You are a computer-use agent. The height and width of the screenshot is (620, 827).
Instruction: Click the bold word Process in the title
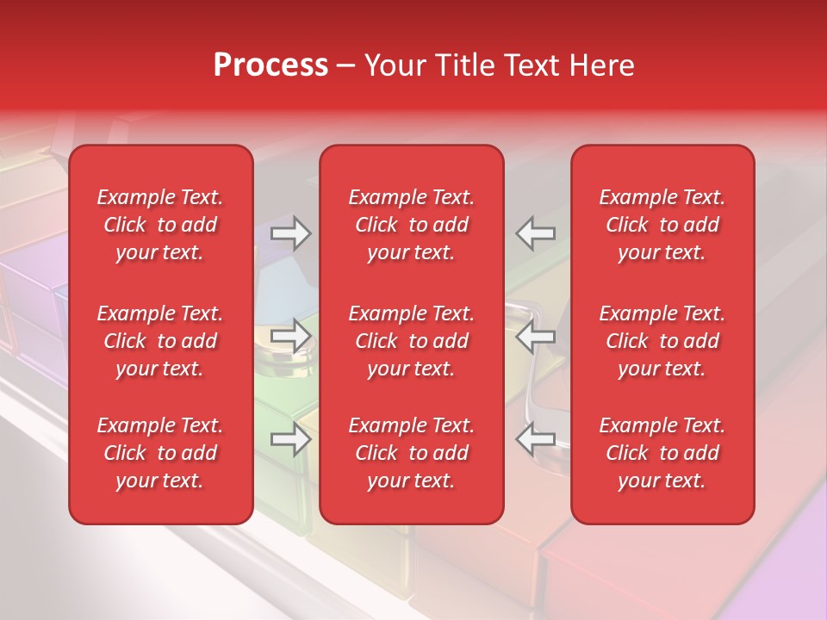(270, 65)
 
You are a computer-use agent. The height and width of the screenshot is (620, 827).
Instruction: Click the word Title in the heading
(463, 65)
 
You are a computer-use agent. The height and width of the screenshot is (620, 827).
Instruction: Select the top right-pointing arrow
(290, 233)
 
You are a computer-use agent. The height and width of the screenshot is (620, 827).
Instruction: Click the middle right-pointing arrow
(290, 336)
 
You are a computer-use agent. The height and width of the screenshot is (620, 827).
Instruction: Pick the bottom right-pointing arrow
(290, 439)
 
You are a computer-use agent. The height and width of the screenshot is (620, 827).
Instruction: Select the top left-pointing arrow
(536, 233)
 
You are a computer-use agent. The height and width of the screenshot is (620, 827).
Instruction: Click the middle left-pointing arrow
(536, 337)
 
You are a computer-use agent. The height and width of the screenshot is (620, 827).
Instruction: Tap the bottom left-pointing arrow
(536, 439)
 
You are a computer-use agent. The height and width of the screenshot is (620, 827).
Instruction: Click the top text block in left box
(160, 225)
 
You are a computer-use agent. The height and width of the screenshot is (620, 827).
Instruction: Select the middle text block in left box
(160, 341)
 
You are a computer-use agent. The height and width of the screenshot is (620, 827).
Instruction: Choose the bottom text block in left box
(160, 453)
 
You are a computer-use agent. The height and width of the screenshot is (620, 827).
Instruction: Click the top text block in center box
(412, 225)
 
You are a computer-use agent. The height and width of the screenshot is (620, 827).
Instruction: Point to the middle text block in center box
(412, 341)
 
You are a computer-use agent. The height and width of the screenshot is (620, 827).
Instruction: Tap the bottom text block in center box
(412, 453)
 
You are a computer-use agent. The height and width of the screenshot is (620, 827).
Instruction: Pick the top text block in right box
(662, 225)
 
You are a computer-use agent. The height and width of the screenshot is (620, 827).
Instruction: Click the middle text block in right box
(662, 341)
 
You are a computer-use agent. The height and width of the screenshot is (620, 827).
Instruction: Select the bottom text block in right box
(662, 453)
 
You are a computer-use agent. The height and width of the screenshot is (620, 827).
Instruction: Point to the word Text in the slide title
(532, 65)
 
